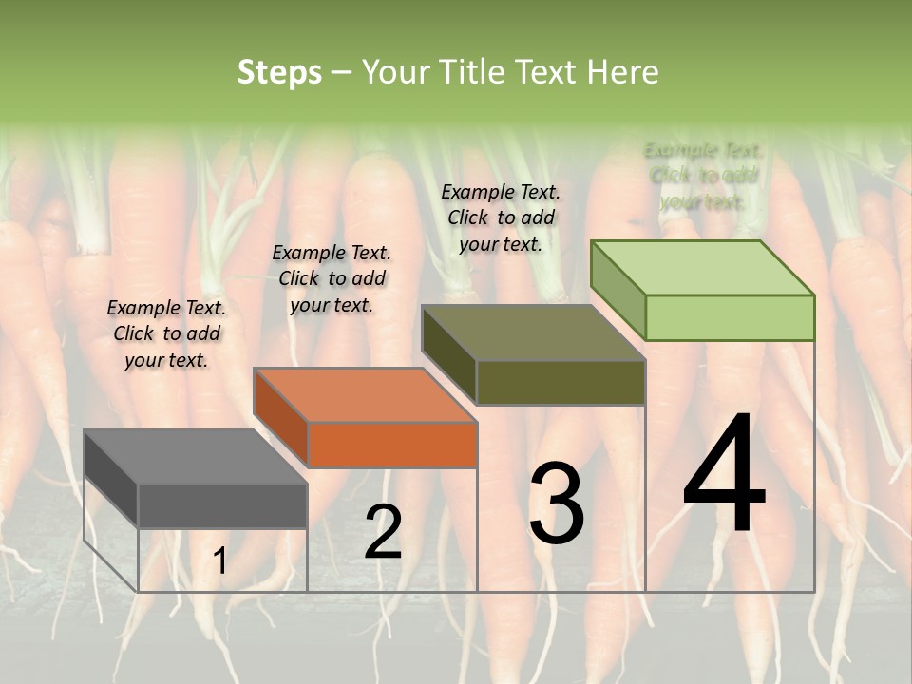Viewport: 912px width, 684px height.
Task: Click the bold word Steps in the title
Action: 279,72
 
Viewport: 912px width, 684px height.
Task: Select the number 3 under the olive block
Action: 557,503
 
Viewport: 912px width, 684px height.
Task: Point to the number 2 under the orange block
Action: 383,532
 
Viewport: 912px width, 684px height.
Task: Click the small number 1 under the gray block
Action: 220,561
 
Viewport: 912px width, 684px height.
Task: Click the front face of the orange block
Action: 392,445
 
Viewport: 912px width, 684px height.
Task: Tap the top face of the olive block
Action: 532,332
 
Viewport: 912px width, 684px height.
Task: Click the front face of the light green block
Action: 730,317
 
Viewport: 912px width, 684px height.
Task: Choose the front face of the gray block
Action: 222,505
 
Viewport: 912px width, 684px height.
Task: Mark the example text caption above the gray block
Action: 166,333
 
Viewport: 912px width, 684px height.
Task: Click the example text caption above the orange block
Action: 332,278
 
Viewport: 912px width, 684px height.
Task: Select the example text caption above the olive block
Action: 501,218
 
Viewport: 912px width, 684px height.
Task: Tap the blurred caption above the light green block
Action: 703,176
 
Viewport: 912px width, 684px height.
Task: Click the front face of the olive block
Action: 560,382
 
